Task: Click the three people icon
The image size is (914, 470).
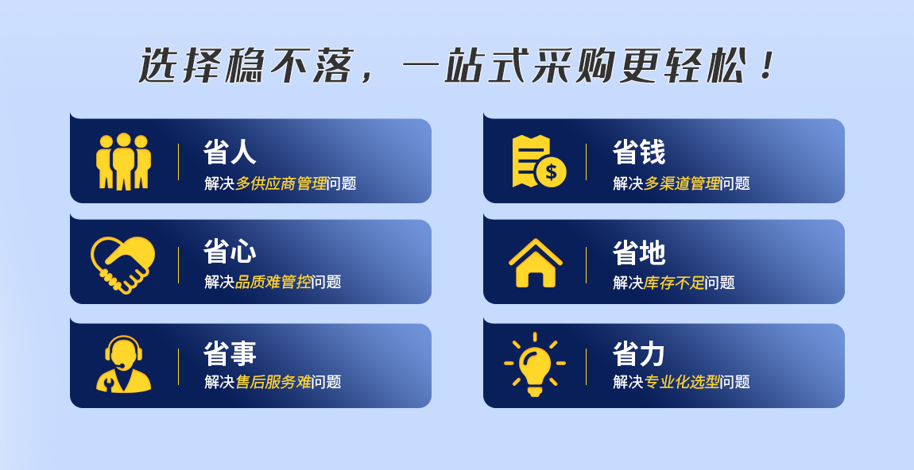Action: tap(123, 161)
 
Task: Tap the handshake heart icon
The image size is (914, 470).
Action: tap(123, 264)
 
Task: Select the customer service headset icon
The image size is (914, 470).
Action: tap(123, 364)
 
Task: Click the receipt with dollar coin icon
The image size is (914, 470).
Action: tap(539, 161)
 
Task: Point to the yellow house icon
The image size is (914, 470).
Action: tap(536, 264)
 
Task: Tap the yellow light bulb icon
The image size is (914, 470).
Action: tap(535, 364)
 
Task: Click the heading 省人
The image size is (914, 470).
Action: tap(230, 152)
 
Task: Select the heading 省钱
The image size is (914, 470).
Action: tap(639, 152)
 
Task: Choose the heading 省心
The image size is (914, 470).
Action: tap(230, 252)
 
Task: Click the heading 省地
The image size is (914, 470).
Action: tap(639, 252)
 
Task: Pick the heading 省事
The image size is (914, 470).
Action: tap(230, 353)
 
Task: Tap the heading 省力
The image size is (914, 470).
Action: tap(639, 353)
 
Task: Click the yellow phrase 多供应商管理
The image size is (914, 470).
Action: tap(281, 183)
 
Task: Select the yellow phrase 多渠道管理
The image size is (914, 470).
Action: tap(682, 183)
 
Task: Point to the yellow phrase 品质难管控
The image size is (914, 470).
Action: tap(273, 282)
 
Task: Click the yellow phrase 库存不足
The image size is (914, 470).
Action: tap(675, 283)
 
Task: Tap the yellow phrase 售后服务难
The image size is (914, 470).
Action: tap(273, 382)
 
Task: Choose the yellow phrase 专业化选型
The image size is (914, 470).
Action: tap(682, 382)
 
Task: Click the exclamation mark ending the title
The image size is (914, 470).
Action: tap(767, 65)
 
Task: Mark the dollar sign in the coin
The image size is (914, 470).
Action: tap(551, 171)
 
